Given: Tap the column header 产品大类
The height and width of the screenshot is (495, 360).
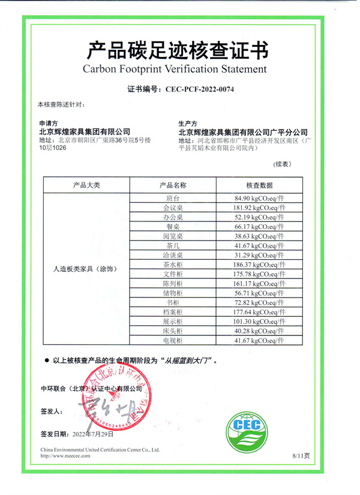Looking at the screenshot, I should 86,185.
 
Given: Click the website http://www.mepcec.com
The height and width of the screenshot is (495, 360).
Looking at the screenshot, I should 65,456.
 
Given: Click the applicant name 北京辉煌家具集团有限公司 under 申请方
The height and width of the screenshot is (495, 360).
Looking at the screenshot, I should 84,131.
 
